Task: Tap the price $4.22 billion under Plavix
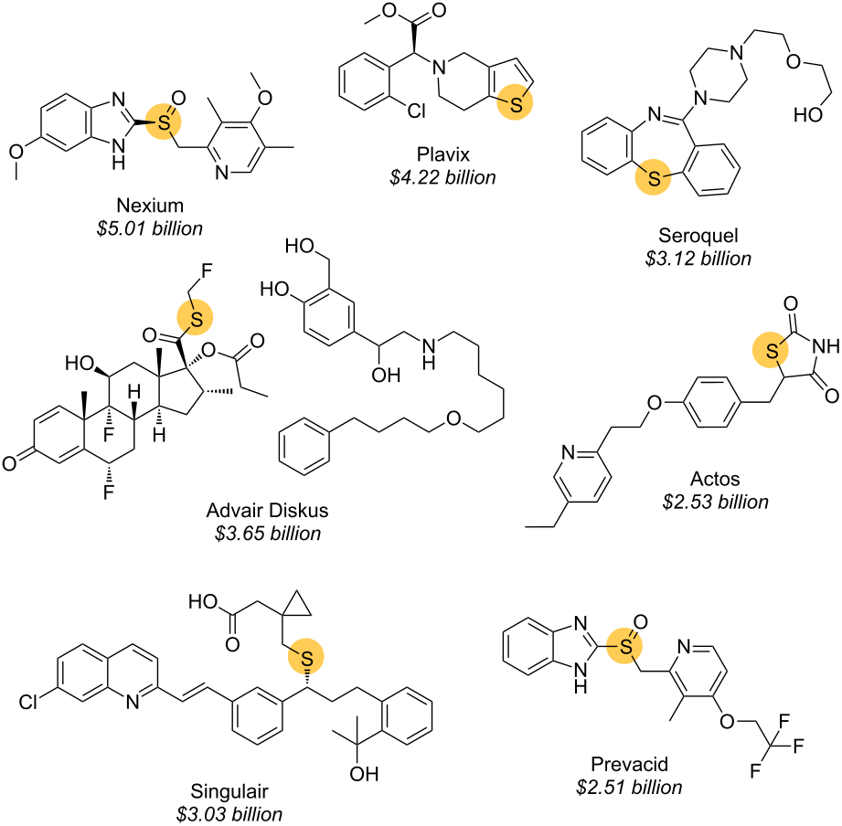441,176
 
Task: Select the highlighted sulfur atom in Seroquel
653,178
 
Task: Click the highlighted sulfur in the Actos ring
773,350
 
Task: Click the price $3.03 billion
229,813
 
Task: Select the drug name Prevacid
629,763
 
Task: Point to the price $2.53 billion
716,501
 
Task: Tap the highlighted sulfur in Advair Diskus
193,317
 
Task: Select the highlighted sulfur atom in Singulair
307,656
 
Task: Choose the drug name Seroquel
698,236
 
